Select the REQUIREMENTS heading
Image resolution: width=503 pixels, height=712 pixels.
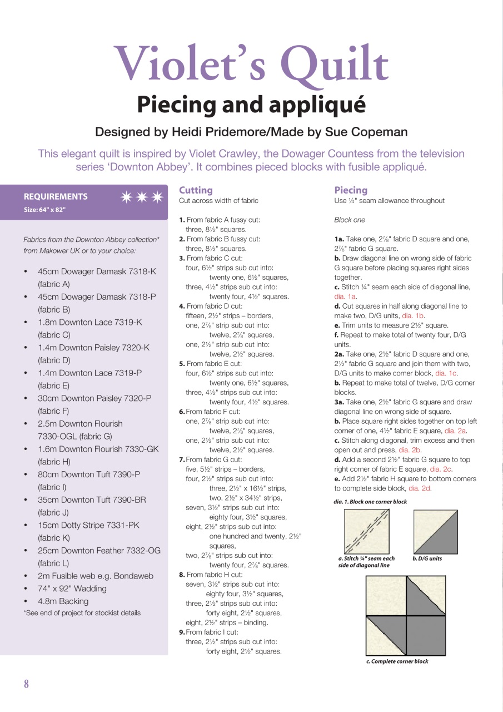56,196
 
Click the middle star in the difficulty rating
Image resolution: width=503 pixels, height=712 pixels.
142,197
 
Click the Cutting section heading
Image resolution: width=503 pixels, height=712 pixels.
196,190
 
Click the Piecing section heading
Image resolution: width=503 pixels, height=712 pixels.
351,190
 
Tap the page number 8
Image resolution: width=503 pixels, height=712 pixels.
26,684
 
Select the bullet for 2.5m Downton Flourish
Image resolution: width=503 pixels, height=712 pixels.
26,424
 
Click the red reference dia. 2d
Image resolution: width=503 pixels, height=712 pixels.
420,488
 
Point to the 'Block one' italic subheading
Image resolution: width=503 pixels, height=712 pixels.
350,220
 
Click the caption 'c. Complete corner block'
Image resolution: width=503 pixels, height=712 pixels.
397,661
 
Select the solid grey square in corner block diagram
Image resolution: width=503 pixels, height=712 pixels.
426,635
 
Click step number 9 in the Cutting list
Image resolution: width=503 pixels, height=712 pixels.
182,632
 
